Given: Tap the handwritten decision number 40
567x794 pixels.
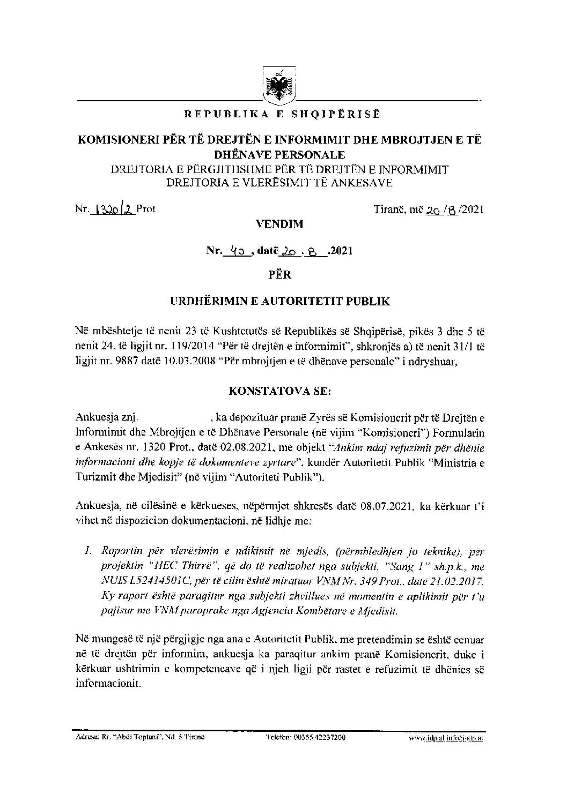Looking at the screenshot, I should [236, 250].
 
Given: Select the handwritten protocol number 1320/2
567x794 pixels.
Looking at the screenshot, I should [114, 209].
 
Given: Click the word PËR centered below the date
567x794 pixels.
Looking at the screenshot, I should [279, 275].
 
